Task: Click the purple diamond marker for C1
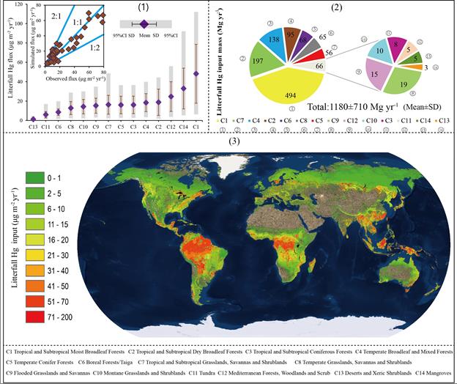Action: tap(196, 73)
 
